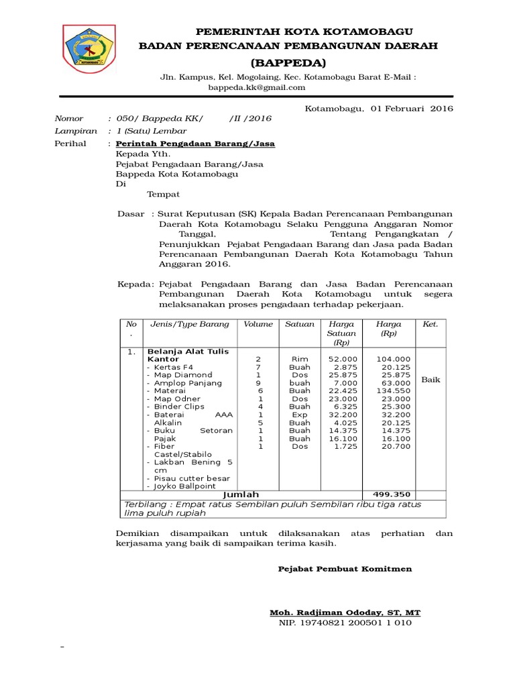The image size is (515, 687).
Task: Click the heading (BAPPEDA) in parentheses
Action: point(288,63)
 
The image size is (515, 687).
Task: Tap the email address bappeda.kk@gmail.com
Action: point(257,87)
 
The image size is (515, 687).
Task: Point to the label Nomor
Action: point(69,119)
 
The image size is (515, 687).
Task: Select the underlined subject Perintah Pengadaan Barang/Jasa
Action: point(195,144)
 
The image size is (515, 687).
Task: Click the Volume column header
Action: point(258,324)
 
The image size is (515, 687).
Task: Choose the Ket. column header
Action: point(430,324)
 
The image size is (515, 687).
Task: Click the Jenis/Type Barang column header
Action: point(190,324)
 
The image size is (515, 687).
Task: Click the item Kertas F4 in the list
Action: point(173,367)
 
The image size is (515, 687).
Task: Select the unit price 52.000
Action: point(343,359)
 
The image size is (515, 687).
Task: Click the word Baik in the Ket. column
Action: point(431,380)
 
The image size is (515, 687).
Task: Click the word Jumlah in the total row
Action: point(241,494)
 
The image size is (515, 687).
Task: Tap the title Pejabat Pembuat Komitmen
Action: point(345,569)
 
